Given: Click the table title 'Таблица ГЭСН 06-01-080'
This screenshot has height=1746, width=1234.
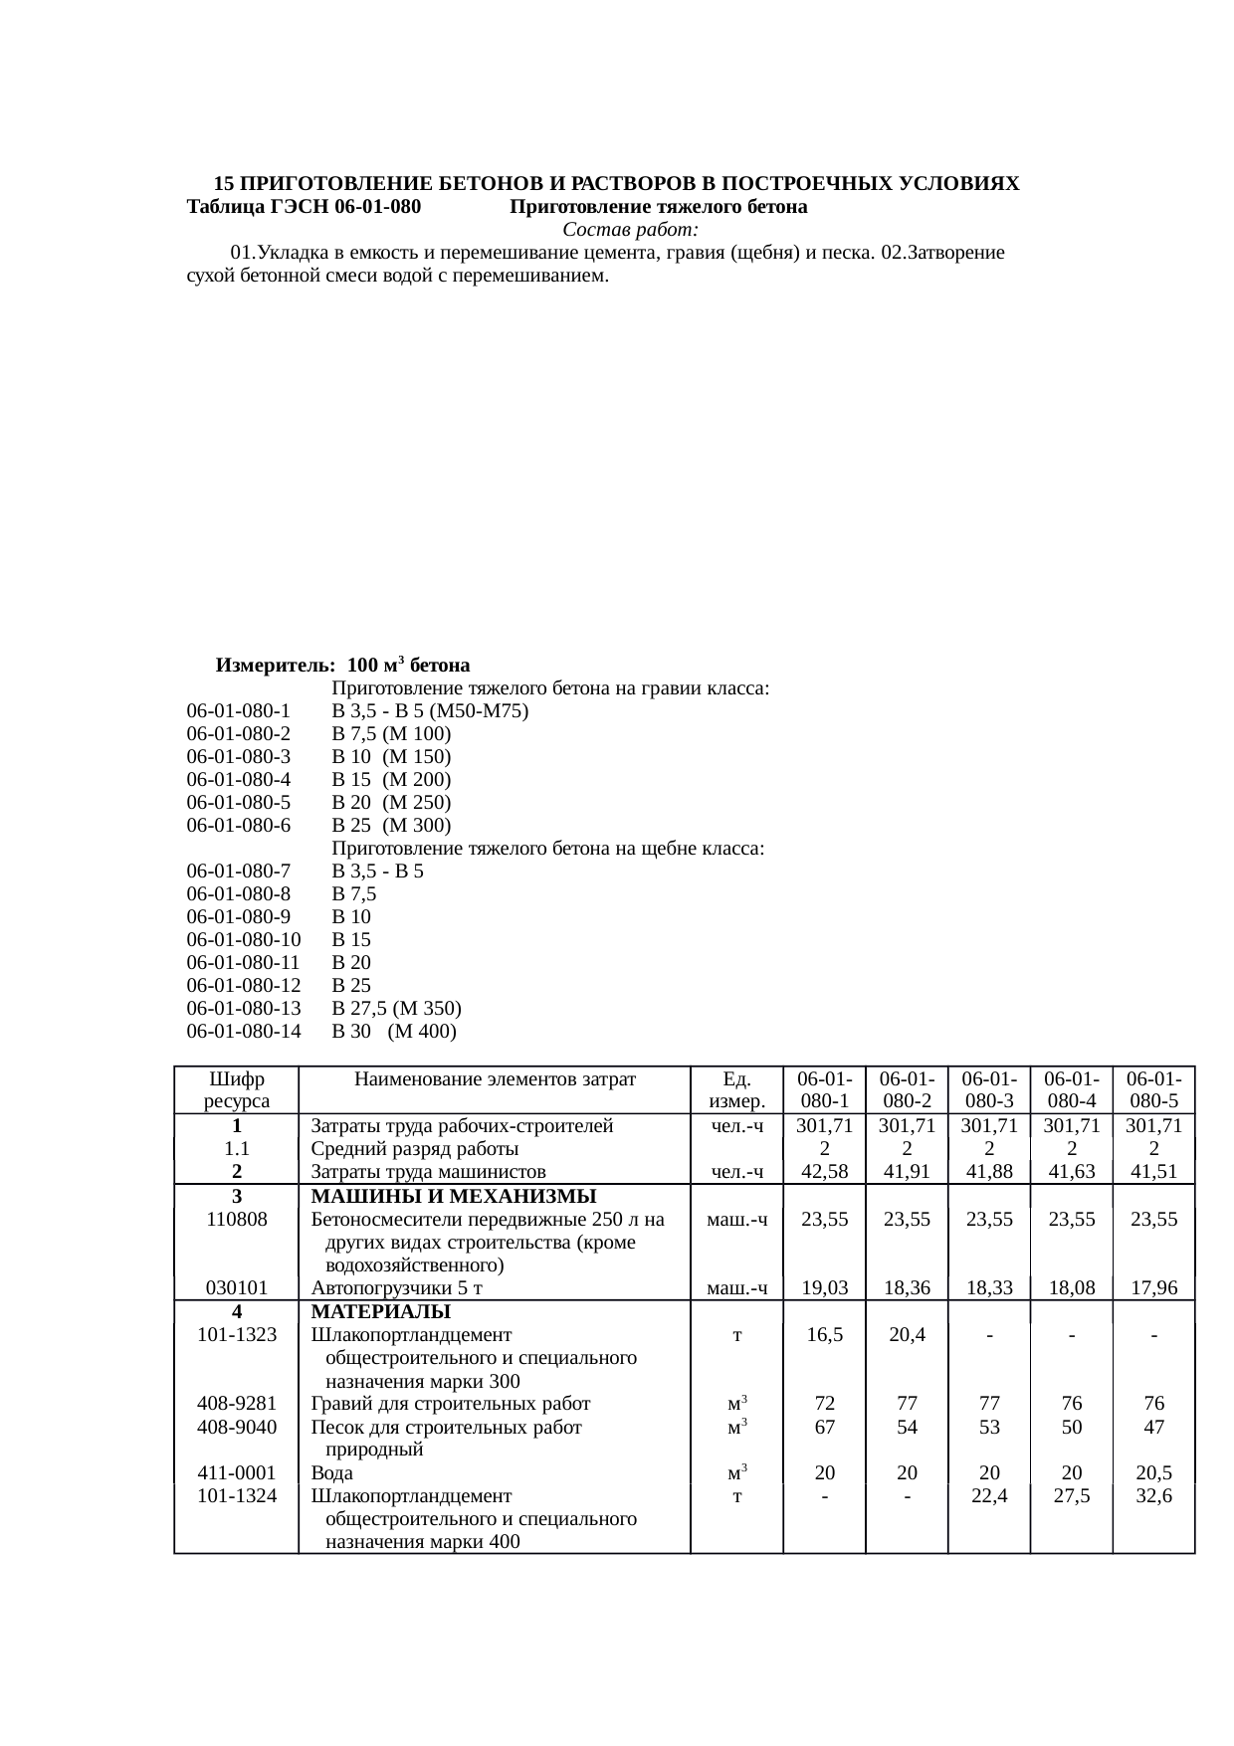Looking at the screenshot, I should click(304, 207).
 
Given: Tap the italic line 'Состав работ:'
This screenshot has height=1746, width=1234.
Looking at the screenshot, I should click(616, 230).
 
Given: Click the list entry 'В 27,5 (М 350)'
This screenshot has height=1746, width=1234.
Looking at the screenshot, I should click(396, 1008).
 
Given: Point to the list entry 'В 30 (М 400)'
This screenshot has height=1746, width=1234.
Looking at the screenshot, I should click(394, 1031).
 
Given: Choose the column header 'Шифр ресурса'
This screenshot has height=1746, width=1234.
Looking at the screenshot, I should click(237, 1089).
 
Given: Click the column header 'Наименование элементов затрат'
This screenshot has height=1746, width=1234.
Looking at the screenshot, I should click(495, 1078).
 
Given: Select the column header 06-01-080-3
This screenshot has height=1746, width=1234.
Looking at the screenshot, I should click(988, 1089).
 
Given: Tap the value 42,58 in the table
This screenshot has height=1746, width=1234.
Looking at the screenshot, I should click(824, 1171).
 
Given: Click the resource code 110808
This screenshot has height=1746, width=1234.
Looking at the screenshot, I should click(237, 1219).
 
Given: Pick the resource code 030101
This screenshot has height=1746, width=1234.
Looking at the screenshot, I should click(237, 1287).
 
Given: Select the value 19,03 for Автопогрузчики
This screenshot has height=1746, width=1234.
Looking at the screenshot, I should click(824, 1287).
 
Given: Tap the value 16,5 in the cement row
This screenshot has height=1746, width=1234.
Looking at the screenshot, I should click(824, 1335).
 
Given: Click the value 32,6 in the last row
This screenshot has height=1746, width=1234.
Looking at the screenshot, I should click(1153, 1495).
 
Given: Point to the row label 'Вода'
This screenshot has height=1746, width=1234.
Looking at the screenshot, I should click(332, 1472).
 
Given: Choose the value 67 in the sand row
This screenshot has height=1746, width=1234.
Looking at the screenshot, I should click(824, 1427).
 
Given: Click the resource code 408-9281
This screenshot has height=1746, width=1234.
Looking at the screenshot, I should click(237, 1404).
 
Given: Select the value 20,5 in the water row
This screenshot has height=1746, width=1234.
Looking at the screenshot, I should click(1153, 1472).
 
